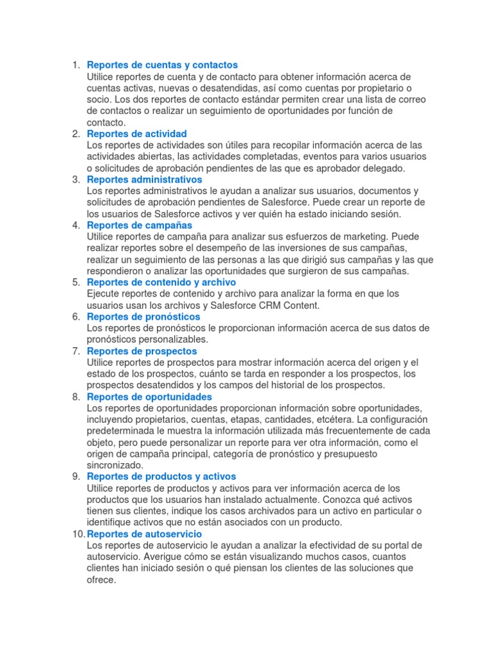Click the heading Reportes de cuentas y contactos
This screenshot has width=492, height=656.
pos(162,65)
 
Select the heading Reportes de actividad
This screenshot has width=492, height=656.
pos(136,133)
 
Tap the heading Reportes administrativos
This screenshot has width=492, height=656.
pos(144,179)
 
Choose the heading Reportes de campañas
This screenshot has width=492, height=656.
pos(139,225)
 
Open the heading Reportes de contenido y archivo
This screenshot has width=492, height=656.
pos(161,282)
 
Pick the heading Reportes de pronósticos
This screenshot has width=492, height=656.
pos(143,316)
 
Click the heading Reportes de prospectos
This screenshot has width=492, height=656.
pos(142,351)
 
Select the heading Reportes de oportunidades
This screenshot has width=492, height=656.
pos(149,397)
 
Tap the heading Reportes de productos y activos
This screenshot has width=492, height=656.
pos(161,476)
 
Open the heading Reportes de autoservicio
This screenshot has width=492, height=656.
pos(144,534)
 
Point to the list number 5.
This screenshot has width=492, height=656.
pos(76,282)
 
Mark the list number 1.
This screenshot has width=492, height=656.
pos(76,65)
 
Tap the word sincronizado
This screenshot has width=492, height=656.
pos(115,465)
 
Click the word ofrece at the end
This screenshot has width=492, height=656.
pos(101,580)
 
